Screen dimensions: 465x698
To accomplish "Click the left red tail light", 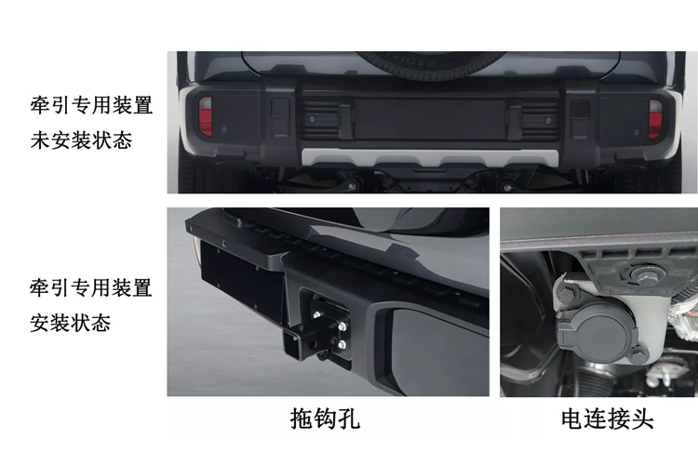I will pyautogui.click(x=206, y=116).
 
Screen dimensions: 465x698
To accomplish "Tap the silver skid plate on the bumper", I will pyautogui.click(x=427, y=157).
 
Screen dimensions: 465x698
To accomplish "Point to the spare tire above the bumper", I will pyautogui.click(x=427, y=60).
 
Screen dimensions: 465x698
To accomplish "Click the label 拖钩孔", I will pyautogui.click(x=326, y=419).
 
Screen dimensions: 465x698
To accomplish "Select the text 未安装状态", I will pyautogui.click(x=81, y=140).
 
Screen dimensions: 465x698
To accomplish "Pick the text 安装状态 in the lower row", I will pyautogui.click(x=71, y=323).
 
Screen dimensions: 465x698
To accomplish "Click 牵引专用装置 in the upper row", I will pyautogui.click(x=91, y=105).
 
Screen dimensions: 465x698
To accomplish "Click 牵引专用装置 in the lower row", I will pyautogui.click(x=91, y=287).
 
